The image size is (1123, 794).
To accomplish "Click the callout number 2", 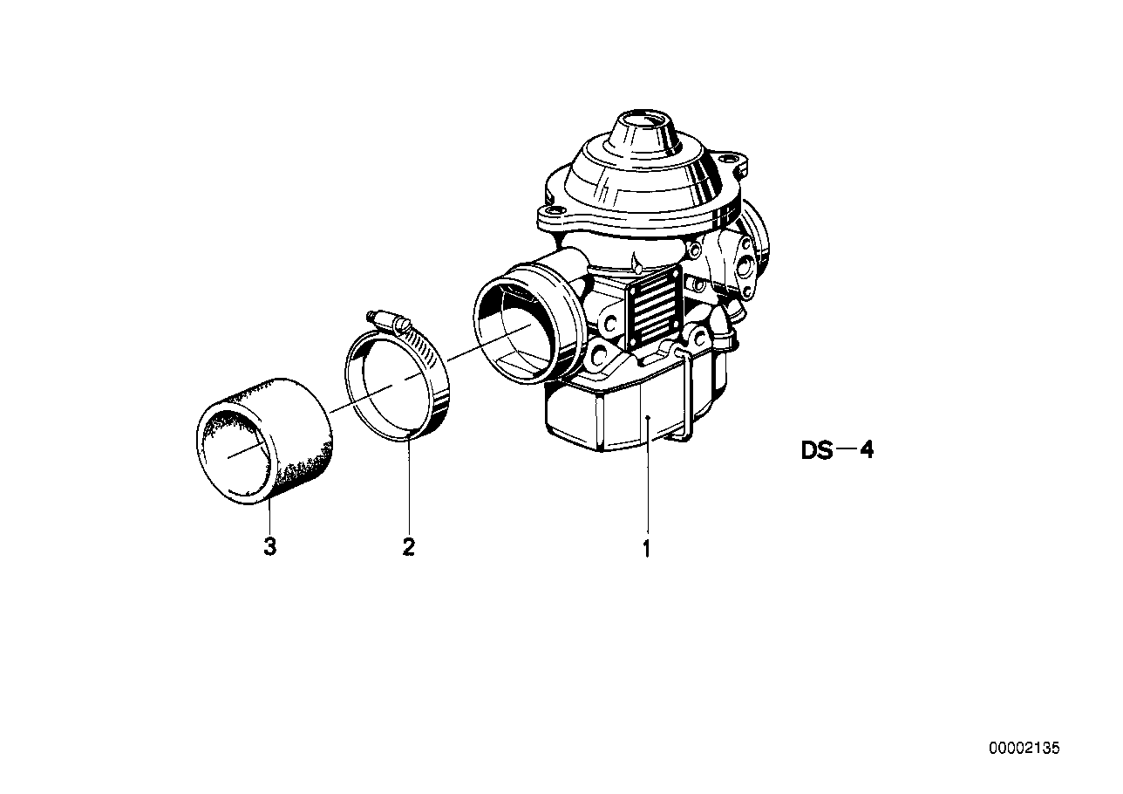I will (x=408, y=547).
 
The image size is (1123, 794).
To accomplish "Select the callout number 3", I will (x=270, y=547).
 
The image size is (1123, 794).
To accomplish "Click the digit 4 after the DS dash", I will (x=866, y=451).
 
